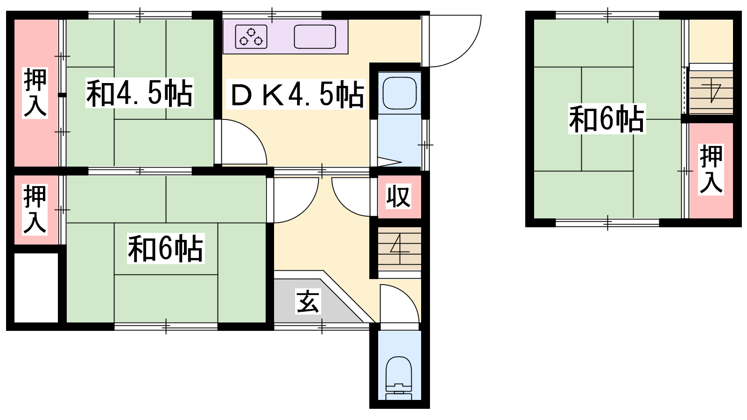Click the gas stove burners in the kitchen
point(251,37)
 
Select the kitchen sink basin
point(315,37)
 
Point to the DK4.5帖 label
point(296,94)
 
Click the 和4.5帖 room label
point(140,93)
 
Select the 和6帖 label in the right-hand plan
point(606,119)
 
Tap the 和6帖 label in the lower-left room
point(166,249)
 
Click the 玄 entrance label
point(308,301)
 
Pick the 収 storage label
point(399,196)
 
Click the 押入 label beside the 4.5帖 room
point(35,93)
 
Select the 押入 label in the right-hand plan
point(711,170)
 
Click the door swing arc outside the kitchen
point(469,50)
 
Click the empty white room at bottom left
point(36,287)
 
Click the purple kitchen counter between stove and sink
point(281,37)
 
